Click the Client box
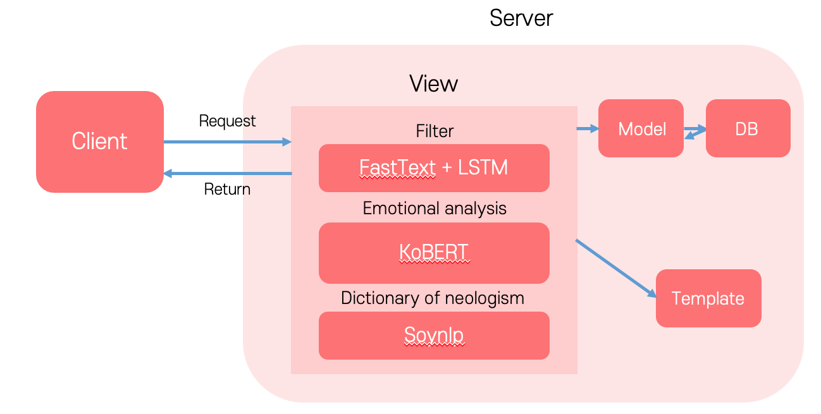tap(100, 142)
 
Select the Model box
tap(641, 128)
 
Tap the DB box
tap(747, 128)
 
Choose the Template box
tap(708, 298)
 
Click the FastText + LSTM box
tap(434, 167)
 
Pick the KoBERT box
tap(434, 252)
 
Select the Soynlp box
tap(434, 335)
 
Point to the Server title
tap(521, 18)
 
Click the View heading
tap(433, 83)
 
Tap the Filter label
tap(435, 131)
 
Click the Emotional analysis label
tap(435, 208)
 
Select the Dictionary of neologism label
tap(433, 298)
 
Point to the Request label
tap(227, 121)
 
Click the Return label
tap(227, 189)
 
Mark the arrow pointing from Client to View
tap(227, 142)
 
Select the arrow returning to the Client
tap(227, 173)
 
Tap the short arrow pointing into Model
tap(588, 129)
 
